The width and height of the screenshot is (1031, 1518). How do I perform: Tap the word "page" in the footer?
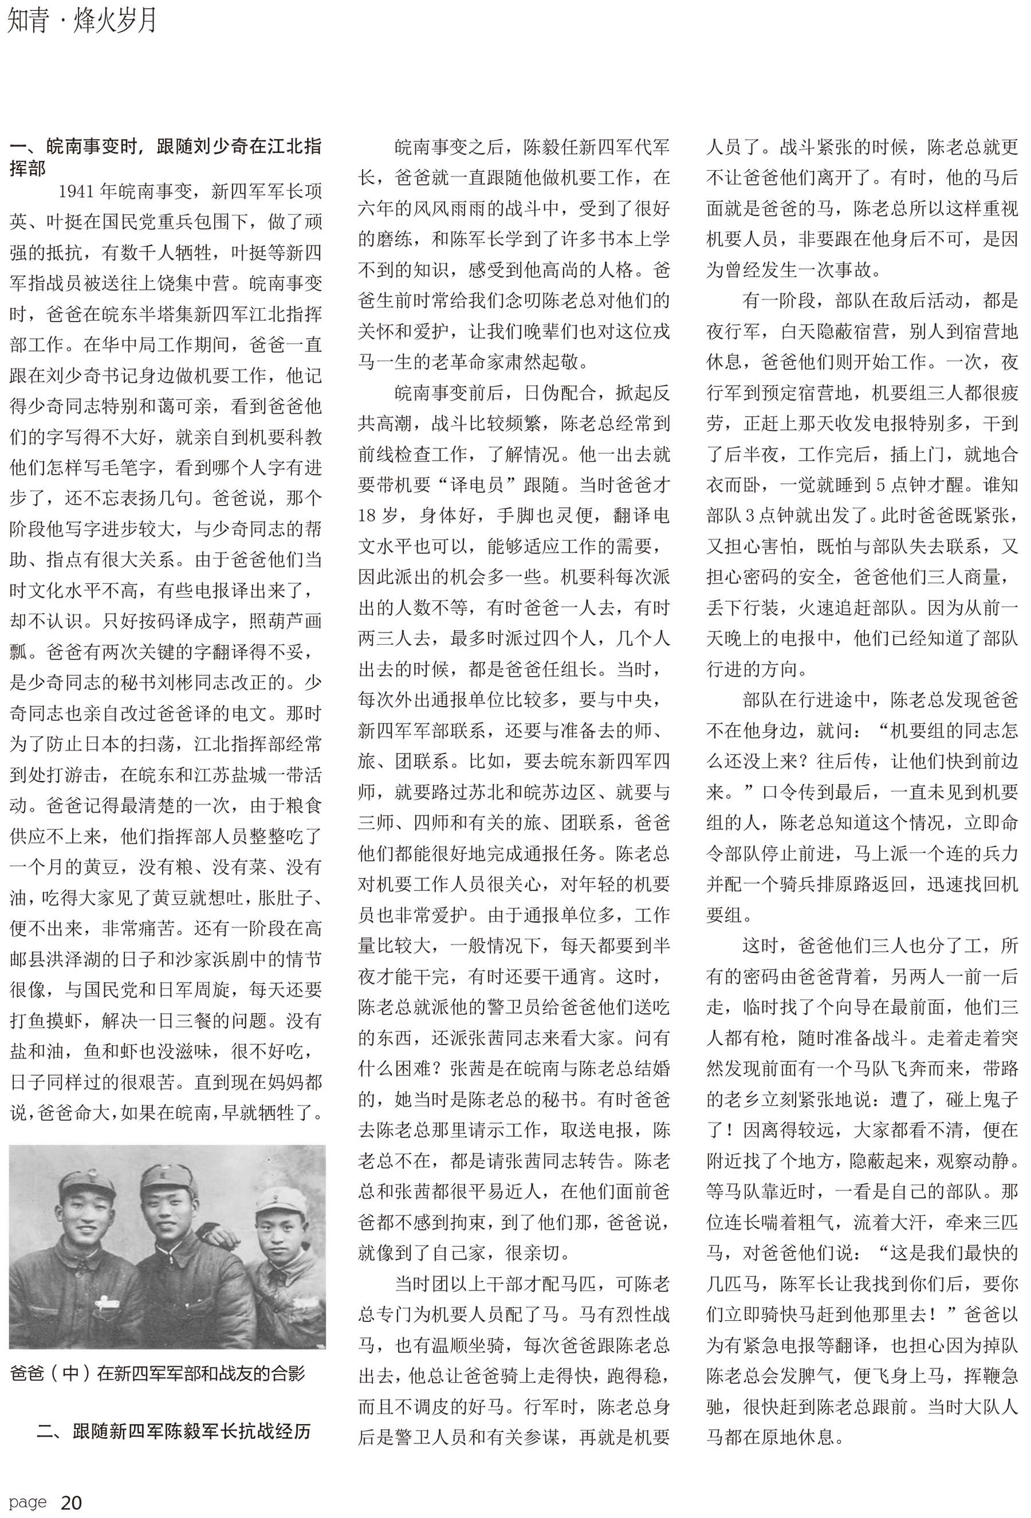pyautogui.click(x=28, y=1503)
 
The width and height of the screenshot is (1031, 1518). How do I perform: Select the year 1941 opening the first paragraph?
pyautogui.click(x=76, y=191)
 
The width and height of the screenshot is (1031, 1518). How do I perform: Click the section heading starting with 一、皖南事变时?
pyautogui.click(x=165, y=157)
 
